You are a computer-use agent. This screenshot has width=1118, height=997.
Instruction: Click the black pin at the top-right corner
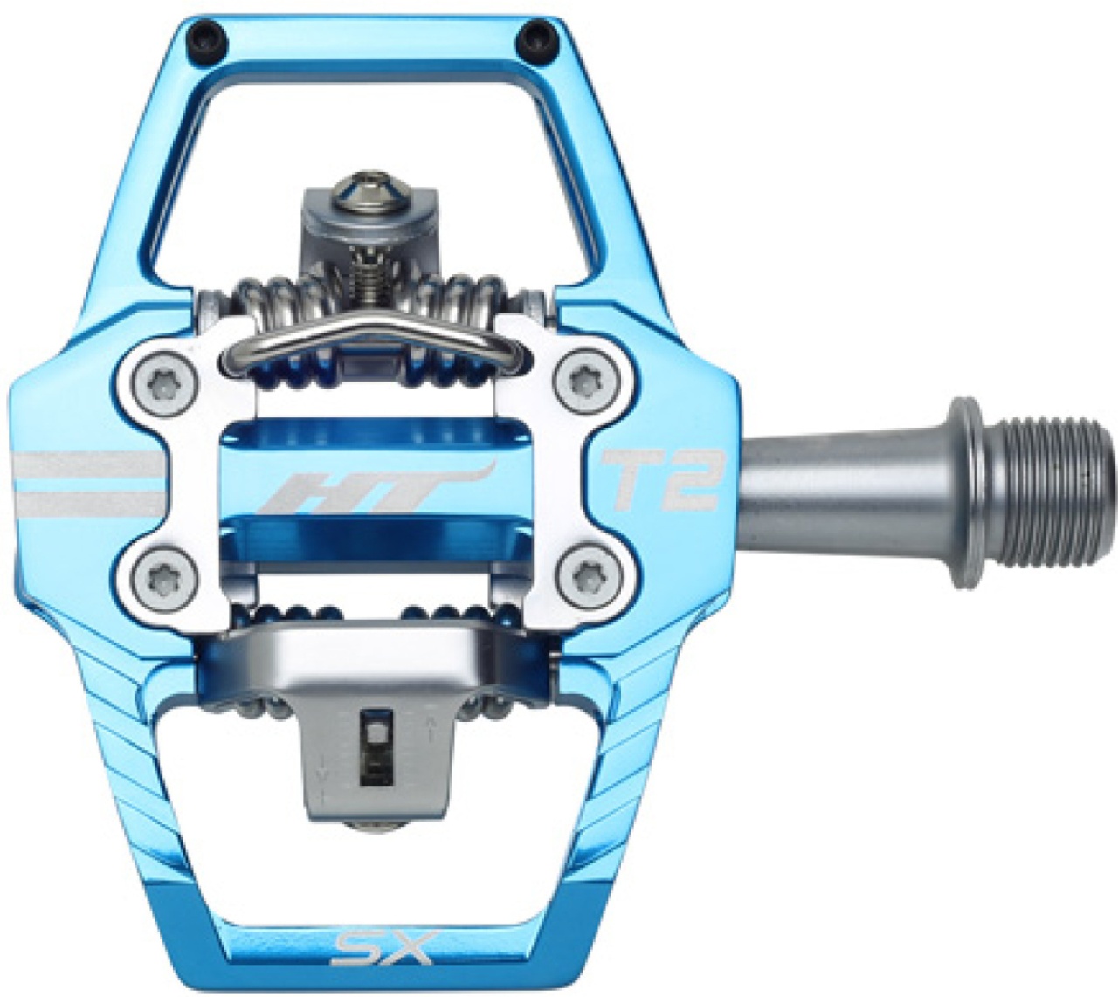click(x=532, y=40)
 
